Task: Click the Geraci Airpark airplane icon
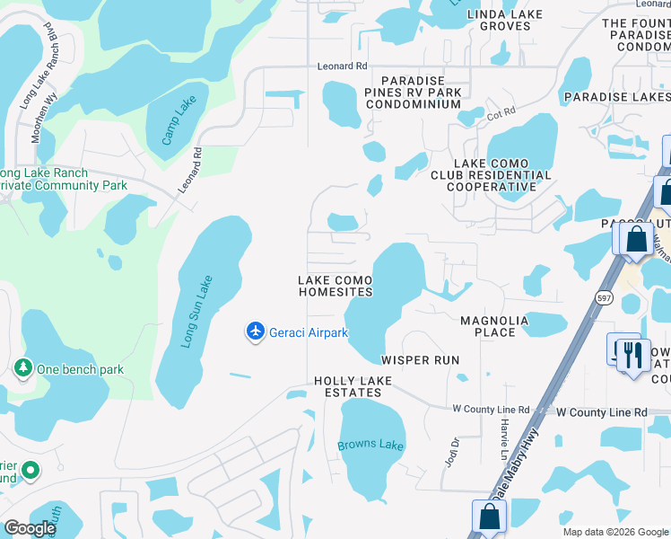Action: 256,332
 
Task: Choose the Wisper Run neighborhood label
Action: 421,359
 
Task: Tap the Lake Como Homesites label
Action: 335,287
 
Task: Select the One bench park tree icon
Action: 22,367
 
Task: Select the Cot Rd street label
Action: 501,111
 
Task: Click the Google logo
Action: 30,527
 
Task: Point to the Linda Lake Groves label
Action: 505,21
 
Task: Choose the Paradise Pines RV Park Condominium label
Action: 414,92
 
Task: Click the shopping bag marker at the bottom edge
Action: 490,517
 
